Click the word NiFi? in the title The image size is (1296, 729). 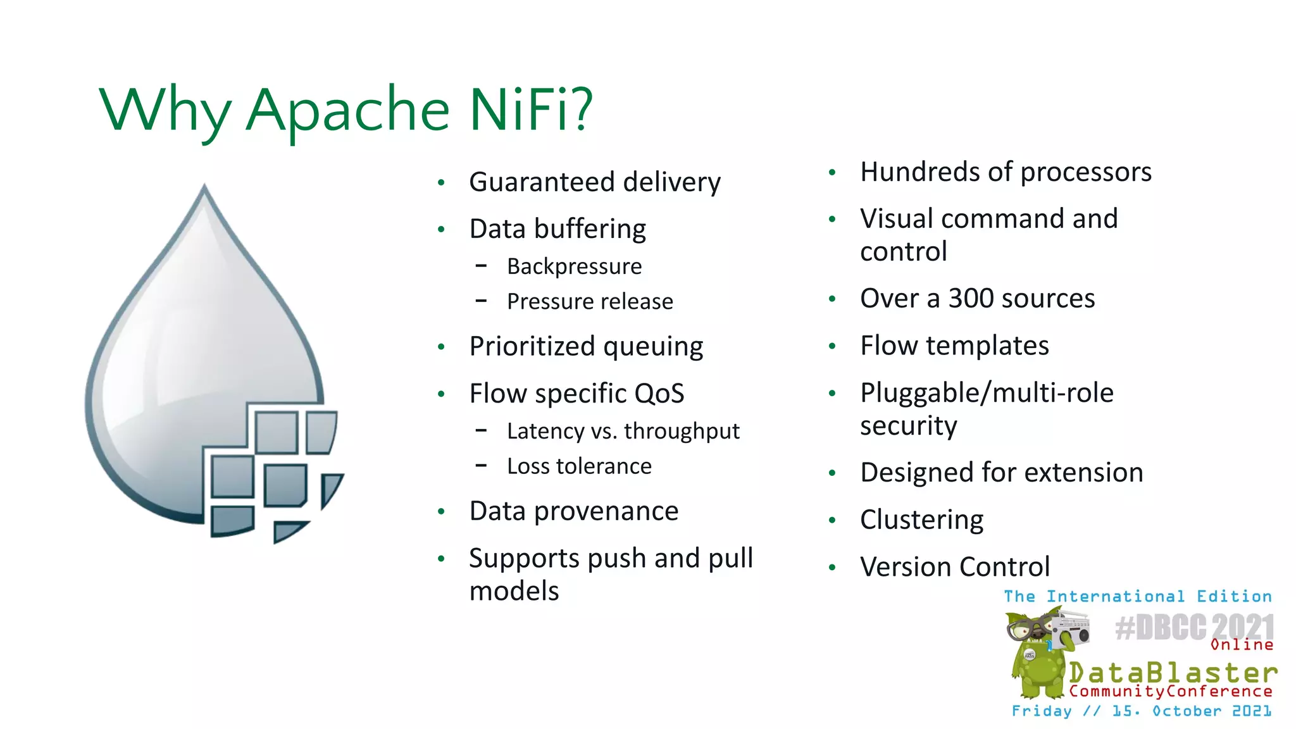point(530,109)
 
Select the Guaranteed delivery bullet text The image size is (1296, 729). point(594,182)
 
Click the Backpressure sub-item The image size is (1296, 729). point(574,266)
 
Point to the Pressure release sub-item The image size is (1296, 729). point(590,301)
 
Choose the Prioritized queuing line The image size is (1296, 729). point(586,347)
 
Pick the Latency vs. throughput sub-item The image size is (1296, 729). point(623,431)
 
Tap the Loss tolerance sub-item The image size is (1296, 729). point(579,466)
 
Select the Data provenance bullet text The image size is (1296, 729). point(573,511)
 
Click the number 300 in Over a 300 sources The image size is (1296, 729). point(976,298)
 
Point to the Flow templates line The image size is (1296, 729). point(954,346)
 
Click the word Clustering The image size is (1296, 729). point(921,520)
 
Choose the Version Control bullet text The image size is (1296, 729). point(954,567)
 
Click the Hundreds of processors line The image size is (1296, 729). point(1006,172)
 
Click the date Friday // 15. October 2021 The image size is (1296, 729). point(1142,711)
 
